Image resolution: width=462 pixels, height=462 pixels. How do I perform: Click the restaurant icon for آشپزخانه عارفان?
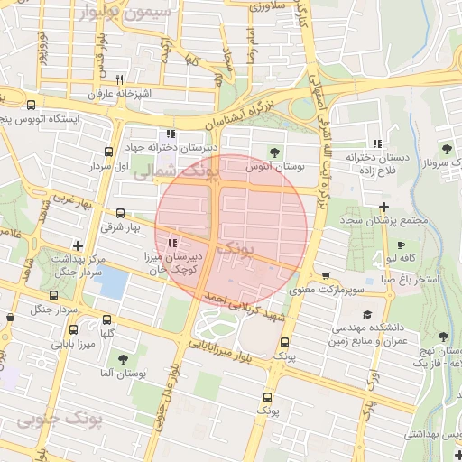(119, 79)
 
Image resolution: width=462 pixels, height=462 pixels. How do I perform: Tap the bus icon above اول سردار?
(109, 152)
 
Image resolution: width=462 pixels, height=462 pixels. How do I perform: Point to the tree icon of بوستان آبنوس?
(276, 152)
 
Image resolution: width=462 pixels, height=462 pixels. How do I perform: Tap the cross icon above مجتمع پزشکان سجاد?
(383, 207)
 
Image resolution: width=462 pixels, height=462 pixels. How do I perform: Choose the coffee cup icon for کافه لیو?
(401, 245)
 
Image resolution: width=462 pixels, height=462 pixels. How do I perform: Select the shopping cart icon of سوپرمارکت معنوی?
(325, 276)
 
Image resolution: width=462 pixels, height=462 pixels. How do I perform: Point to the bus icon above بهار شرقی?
(120, 213)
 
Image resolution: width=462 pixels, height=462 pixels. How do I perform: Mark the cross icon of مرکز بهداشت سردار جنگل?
(79, 245)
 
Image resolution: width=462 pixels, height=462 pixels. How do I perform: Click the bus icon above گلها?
(108, 319)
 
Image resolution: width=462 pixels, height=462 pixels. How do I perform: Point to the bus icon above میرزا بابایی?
(53, 294)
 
